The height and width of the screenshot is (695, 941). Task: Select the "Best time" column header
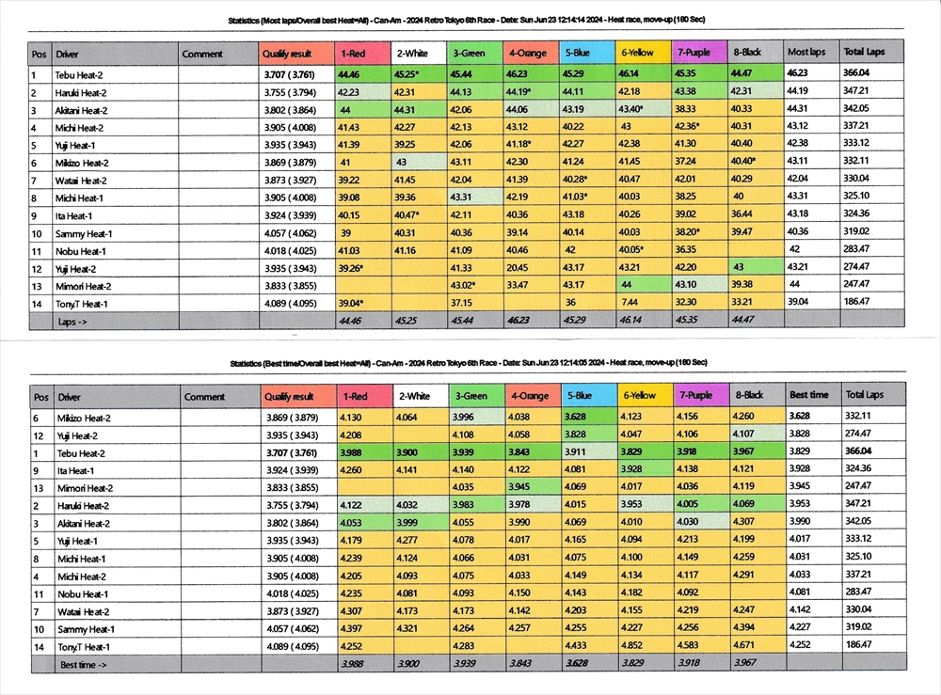[x=808, y=396]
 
